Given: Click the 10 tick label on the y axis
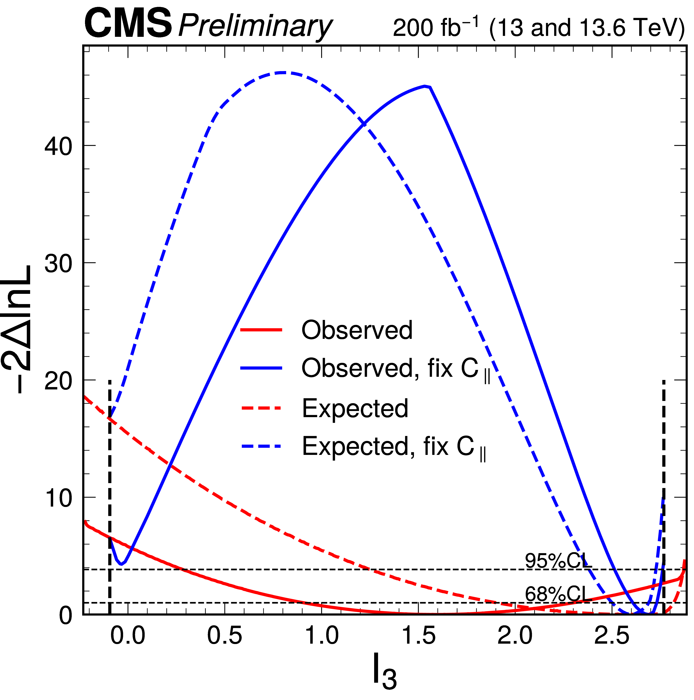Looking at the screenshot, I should (58, 499).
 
